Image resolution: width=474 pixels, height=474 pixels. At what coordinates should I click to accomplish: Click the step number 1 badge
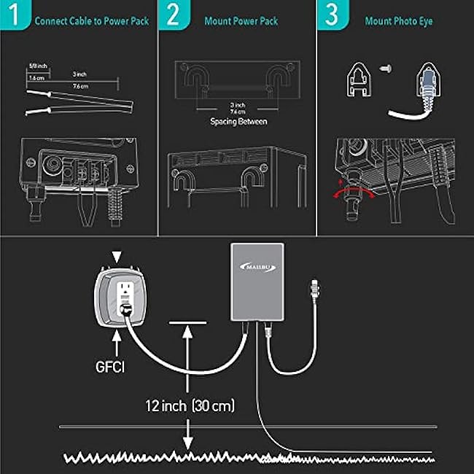[x=15, y=16]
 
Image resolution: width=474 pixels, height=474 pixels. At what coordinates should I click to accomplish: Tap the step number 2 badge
[x=173, y=16]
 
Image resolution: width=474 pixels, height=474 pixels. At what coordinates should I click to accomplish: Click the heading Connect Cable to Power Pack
[x=91, y=21]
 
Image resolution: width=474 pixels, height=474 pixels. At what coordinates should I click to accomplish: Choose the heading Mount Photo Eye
[x=398, y=21]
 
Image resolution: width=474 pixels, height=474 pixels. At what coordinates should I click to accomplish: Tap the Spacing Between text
[x=238, y=122]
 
